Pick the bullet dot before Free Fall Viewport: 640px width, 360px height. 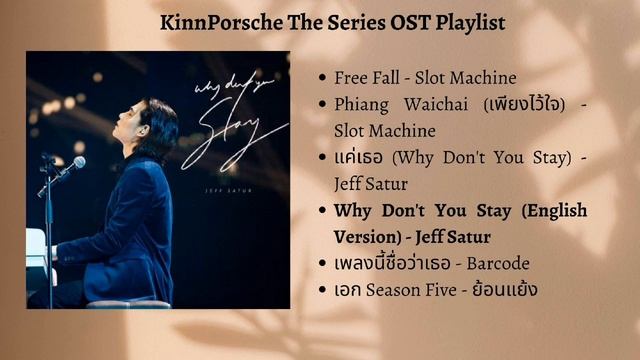click(x=321, y=77)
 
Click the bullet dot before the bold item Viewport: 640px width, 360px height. click(x=321, y=210)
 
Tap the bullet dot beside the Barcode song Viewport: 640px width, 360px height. click(x=321, y=263)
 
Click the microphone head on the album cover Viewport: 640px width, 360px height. click(x=78, y=162)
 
